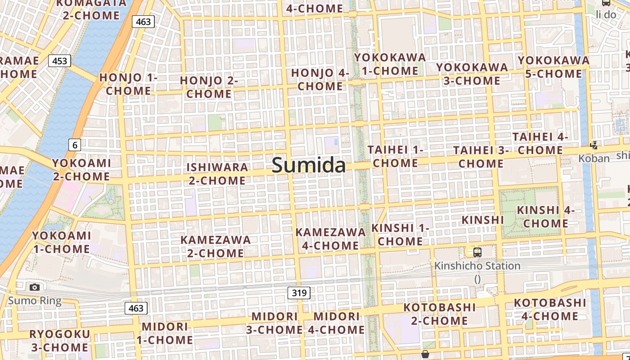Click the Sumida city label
point(309,165)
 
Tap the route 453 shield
point(59,61)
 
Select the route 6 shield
point(75,145)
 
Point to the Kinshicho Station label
point(477,266)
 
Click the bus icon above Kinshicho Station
point(477,252)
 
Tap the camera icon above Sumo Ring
point(35,287)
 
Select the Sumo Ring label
point(35,300)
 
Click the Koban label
point(594,158)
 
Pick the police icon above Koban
point(594,145)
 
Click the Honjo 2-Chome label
point(209,87)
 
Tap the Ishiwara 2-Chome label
point(217,174)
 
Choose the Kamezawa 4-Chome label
point(330,239)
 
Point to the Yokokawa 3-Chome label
point(472,74)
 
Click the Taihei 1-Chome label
point(396,156)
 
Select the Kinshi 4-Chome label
point(546,216)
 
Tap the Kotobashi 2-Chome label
point(440,314)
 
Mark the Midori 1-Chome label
point(165,333)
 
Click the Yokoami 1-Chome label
point(61,242)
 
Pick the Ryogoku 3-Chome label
point(60,341)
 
